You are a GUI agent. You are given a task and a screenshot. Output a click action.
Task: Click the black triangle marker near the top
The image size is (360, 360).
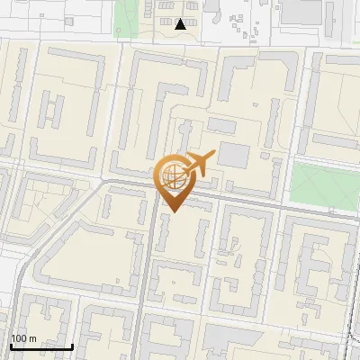click(181, 24)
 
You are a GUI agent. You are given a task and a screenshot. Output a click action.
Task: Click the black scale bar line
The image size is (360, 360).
click(40, 346)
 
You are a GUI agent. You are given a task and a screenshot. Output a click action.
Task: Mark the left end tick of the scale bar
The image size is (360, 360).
click(10, 345)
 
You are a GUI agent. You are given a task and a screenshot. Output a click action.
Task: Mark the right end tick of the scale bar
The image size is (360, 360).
click(72, 345)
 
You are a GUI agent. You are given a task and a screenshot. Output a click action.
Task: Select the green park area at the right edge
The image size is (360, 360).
click(324, 184)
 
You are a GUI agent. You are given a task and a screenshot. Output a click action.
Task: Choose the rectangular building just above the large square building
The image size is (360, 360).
click(221, 125)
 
